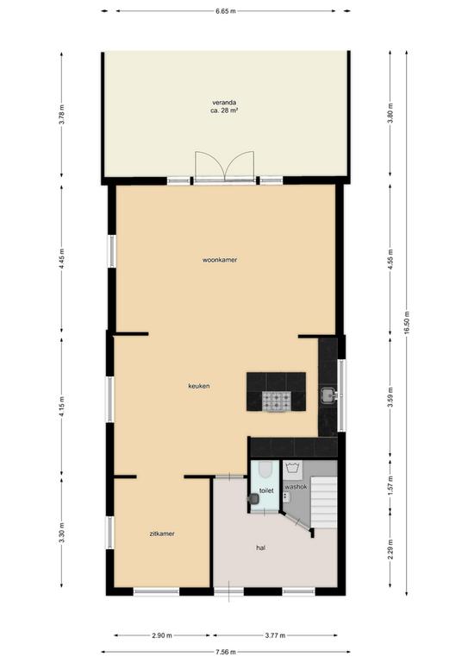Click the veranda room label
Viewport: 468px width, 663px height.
(224, 103)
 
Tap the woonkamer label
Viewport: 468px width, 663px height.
(220, 260)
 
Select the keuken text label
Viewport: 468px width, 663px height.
(199, 386)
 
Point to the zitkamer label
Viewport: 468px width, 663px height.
(162, 534)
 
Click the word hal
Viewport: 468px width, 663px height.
(261, 548)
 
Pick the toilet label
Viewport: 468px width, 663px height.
(266, 491)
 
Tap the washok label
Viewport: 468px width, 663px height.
(296, 487)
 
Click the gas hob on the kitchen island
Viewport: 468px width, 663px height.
(277, 401)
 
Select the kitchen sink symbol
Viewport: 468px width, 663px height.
(328, 395)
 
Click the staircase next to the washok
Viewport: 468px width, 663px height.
(324, 502)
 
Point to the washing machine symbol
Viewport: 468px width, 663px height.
(292, 469)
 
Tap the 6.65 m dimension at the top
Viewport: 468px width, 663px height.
(226, 11)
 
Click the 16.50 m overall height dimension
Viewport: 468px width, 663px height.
(407, 323)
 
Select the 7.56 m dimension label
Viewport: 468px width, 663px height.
(226, 652)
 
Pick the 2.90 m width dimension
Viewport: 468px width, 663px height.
(162, 635)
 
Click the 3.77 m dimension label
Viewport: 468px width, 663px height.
(275, 635)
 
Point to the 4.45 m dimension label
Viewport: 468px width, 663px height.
(61, 259)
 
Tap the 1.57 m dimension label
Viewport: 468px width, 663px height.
(390, 485)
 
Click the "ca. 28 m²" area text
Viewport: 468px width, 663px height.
(224, 110)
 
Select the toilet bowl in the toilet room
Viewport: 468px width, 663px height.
(265, 469)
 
